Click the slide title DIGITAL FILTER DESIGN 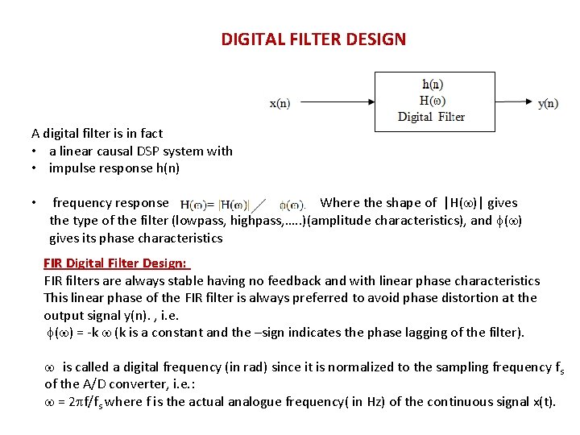[x=313, y=39]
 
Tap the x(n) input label [x=280, y=103]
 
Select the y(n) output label [x=548, y=103]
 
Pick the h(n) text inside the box [x=433, y=84]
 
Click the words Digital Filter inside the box [x=431, y=117]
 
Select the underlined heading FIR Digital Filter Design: [x=115, y=263]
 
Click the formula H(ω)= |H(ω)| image [x=214, y=205]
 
